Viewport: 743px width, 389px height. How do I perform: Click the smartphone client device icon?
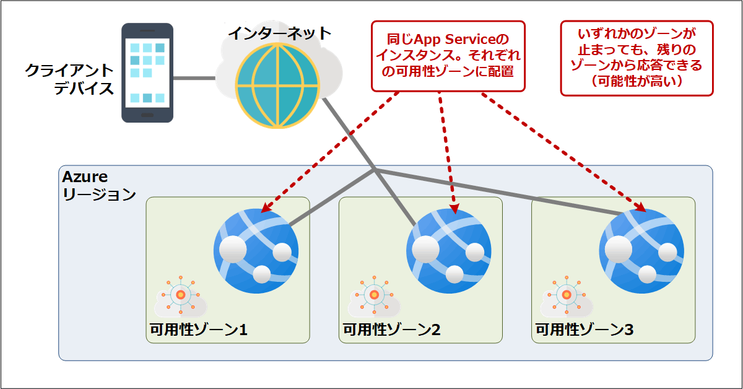(x=147, y=72)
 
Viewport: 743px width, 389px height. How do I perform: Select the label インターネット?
(x=279, y=33)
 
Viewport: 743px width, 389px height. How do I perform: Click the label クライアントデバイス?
(x=69, y=79)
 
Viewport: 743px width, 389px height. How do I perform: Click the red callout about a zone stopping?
(x=637, y=58)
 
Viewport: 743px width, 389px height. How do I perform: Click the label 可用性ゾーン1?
(x=199, y=330)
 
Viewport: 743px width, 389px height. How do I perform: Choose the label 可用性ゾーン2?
(x=391, y=330)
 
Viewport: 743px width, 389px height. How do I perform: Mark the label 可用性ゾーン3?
(x=584, y=330)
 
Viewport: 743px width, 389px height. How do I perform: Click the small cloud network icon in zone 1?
(x=180, y=297)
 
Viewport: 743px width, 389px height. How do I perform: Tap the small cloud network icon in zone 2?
(x=373, y=297)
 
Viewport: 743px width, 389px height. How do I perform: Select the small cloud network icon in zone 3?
(x=565, y=297)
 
